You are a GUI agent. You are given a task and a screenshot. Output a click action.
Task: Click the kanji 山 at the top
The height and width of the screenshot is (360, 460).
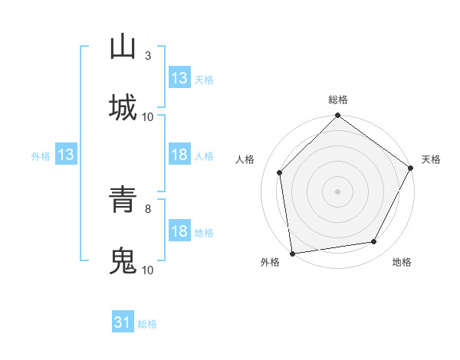123,47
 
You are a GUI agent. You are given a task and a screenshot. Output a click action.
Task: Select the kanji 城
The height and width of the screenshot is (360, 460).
123,107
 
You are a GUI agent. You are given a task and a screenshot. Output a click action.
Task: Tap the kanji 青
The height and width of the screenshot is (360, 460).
123,200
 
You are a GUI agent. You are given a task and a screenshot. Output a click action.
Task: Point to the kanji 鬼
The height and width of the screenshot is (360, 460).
123,260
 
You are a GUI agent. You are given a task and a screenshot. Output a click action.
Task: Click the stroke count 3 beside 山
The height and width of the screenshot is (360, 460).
148,55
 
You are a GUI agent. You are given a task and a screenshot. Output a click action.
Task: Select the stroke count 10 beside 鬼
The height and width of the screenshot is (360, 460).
148,270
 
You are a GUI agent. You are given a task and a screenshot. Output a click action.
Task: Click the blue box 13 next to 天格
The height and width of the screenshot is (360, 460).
179,78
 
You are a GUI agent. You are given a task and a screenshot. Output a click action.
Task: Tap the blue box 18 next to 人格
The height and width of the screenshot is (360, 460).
179,155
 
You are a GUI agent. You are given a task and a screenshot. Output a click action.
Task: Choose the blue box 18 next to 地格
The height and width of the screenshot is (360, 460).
179,231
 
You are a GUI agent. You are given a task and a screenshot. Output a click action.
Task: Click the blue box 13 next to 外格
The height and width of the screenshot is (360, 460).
66,155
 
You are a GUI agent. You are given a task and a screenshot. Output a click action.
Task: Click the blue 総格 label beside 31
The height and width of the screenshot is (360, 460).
148,324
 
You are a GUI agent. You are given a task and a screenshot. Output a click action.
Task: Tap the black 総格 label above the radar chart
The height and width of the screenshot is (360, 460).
338,100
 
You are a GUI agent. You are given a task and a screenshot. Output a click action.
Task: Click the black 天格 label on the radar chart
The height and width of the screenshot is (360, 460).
431,159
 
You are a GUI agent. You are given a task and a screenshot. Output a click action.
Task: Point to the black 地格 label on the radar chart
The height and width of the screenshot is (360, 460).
402,263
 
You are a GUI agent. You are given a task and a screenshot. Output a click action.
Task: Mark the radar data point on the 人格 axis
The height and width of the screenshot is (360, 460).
280,172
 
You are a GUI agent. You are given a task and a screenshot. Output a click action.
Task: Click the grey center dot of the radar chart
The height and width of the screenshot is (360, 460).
338,191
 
